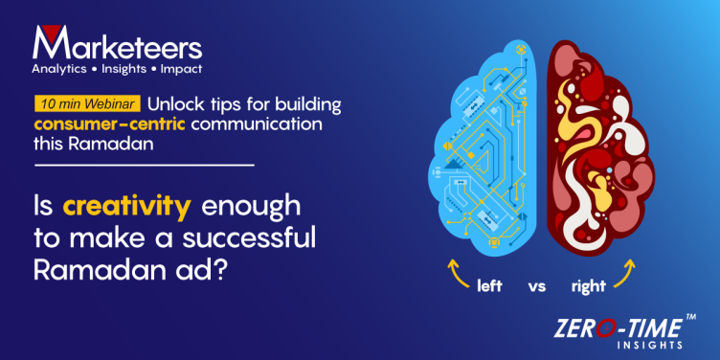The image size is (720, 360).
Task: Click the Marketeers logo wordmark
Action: [117, 45]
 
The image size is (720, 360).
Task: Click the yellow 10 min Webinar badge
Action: [88, 103]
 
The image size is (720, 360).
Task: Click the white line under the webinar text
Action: [144, 166]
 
